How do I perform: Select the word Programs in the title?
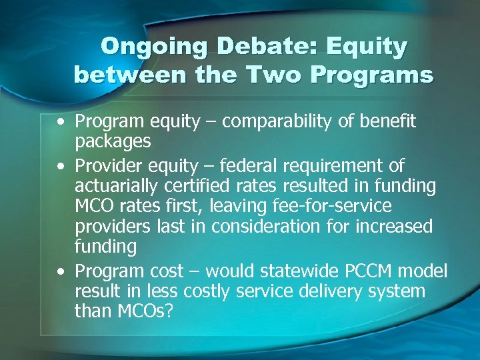tap(380, 75)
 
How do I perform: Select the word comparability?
tap(263, 121)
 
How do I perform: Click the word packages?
tap(113, 143)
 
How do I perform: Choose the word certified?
tap(183, 186)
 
